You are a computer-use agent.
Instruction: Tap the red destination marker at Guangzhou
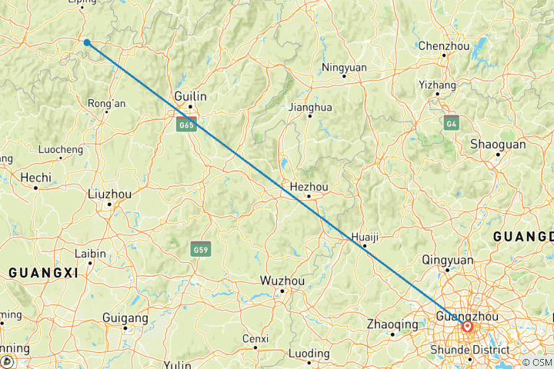click(467, 327)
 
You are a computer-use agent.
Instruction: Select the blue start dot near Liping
click(87, 42)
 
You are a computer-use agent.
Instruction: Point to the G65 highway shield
click(187, 124)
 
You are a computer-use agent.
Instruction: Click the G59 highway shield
click(201, 249)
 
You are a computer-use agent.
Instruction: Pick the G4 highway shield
click(452, 122)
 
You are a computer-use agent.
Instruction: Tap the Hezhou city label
click(309, 186)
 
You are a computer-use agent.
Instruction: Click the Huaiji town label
click(365, 236)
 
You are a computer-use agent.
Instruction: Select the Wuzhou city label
click(282, 281)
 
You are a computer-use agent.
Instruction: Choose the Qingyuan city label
click(447, 260)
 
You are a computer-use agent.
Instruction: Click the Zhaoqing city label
click(392, 324)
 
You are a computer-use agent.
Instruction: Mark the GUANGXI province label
click(44, 272)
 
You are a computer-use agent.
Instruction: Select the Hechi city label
click(36, 177)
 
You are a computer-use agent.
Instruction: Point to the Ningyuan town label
click(344, 67)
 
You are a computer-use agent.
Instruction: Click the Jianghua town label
click(310, 107)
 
